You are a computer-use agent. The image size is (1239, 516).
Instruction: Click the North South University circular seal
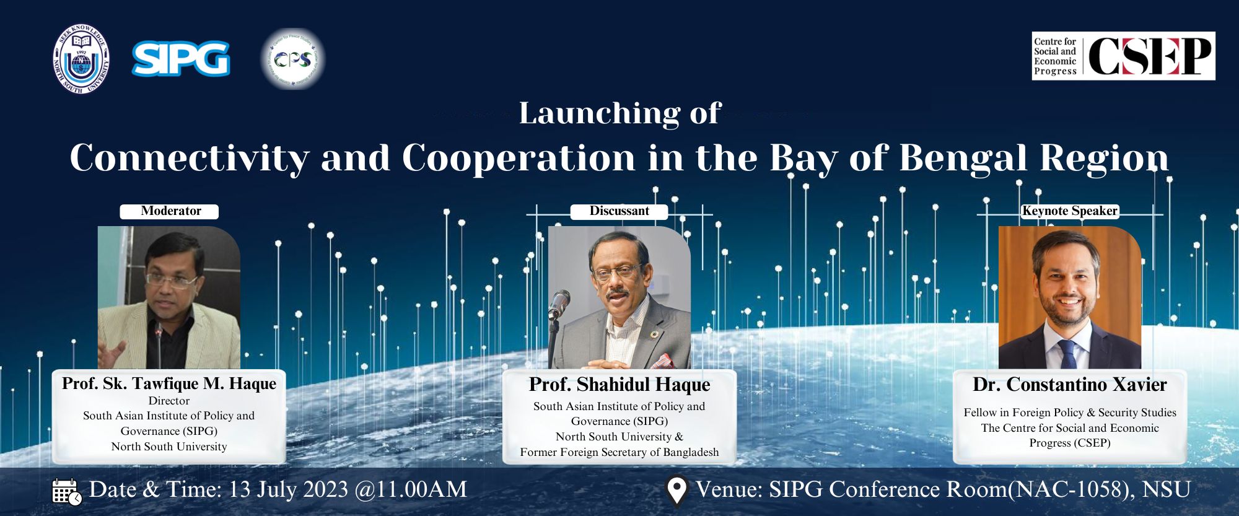tap(81, 59)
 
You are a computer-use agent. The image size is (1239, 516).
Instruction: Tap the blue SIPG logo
tap(181, 59)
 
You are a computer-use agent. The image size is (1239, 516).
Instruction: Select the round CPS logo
tap(292, 59)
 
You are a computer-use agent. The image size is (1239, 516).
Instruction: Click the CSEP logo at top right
tap(1123, 56)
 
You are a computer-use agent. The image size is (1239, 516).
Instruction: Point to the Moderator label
tap(169, 211)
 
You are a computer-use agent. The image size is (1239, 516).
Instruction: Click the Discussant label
tap(619, 211)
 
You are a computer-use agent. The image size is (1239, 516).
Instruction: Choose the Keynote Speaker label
tap(1070, 211)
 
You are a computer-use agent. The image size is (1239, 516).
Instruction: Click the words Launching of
tap(620, 113)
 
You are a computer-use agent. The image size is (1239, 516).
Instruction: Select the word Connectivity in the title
tap(189, 159)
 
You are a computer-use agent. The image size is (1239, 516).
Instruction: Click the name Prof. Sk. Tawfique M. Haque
tap(169, 383)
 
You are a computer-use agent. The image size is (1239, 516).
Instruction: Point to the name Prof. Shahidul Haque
tap(619, 385)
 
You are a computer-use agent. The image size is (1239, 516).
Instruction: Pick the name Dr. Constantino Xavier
tap(1070, 385)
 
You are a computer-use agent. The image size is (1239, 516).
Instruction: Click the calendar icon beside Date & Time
tap(66, 491)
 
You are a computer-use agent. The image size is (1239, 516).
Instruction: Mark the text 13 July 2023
tap(289, 489)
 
